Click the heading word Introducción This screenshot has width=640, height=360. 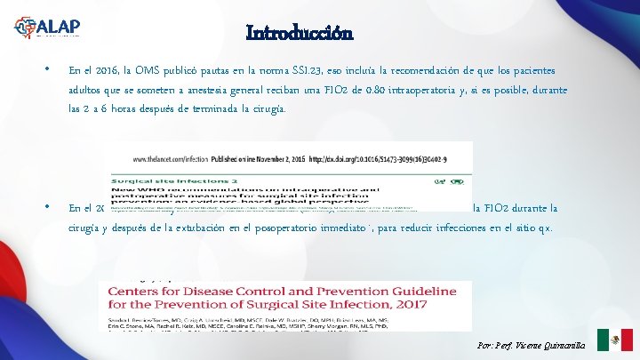[300, 34]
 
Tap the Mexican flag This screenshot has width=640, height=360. [614, 340]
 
